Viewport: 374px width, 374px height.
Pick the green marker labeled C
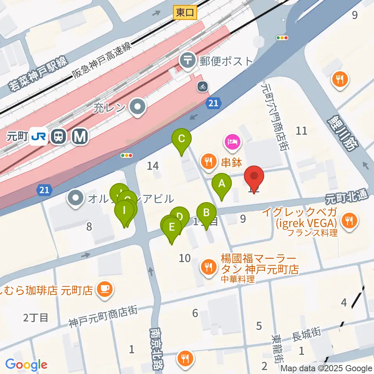click(182, 139)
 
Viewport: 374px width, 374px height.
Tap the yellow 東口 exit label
click(185, 13)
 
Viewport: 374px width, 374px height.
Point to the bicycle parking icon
click(202, 86)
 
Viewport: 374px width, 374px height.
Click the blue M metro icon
click(81, 136)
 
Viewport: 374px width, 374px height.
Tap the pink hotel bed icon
click(233, 141)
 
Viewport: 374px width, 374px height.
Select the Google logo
click(26, 365)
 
